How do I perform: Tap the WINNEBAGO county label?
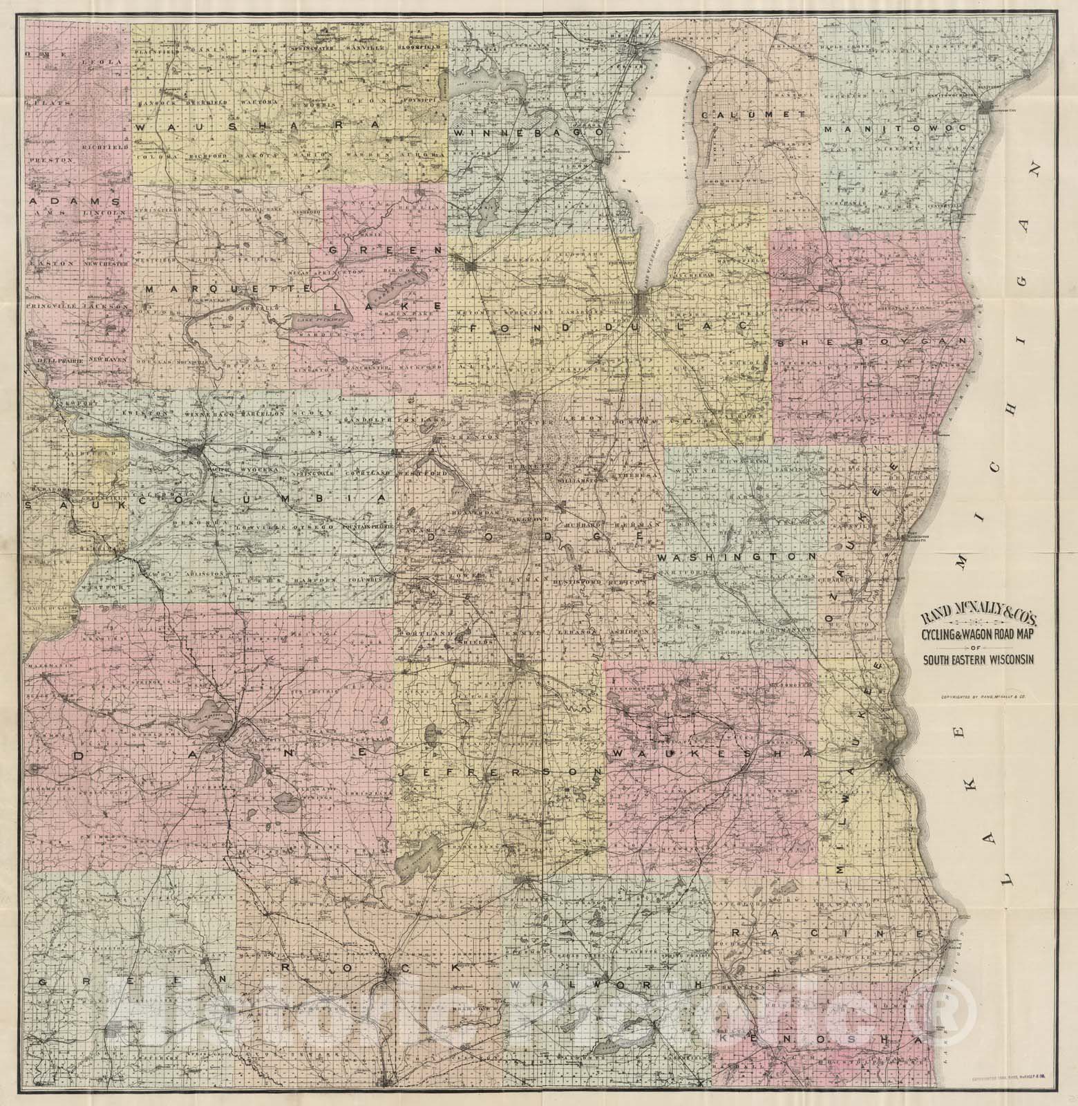(529, 131)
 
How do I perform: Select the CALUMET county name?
(753, 114)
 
